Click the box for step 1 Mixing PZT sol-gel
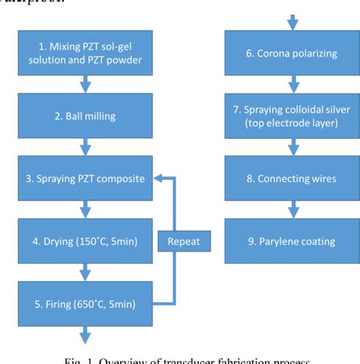87,54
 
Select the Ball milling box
87,117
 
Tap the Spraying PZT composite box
87,179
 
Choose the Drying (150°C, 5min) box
87,242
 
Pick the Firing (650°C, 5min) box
87,304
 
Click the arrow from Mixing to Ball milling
87,85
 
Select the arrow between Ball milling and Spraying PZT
87,147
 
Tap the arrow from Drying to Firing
87,273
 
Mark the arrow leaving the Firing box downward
87,334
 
